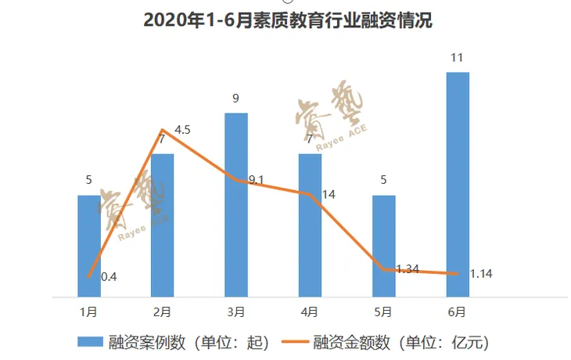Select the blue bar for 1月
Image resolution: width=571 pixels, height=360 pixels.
coord(88,246)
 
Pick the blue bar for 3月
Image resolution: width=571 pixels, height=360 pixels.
coord(235,205)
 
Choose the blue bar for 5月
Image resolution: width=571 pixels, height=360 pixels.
coord(383,246)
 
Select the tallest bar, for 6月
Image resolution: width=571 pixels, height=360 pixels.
coord(457,185)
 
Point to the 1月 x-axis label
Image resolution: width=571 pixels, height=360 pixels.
coord(88,311)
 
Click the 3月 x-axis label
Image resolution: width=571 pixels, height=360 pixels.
coord(235,311)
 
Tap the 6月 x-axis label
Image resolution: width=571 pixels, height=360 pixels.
coord(457,311)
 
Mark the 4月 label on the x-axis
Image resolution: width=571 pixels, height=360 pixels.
coord(310,311)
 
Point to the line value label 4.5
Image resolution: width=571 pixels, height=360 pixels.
coord(183,130)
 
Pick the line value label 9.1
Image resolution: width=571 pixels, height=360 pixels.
coord(256,180)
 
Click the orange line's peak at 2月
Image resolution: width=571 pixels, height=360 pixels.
coord(162,130)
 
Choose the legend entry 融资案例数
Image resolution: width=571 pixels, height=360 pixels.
coord(174,342)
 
